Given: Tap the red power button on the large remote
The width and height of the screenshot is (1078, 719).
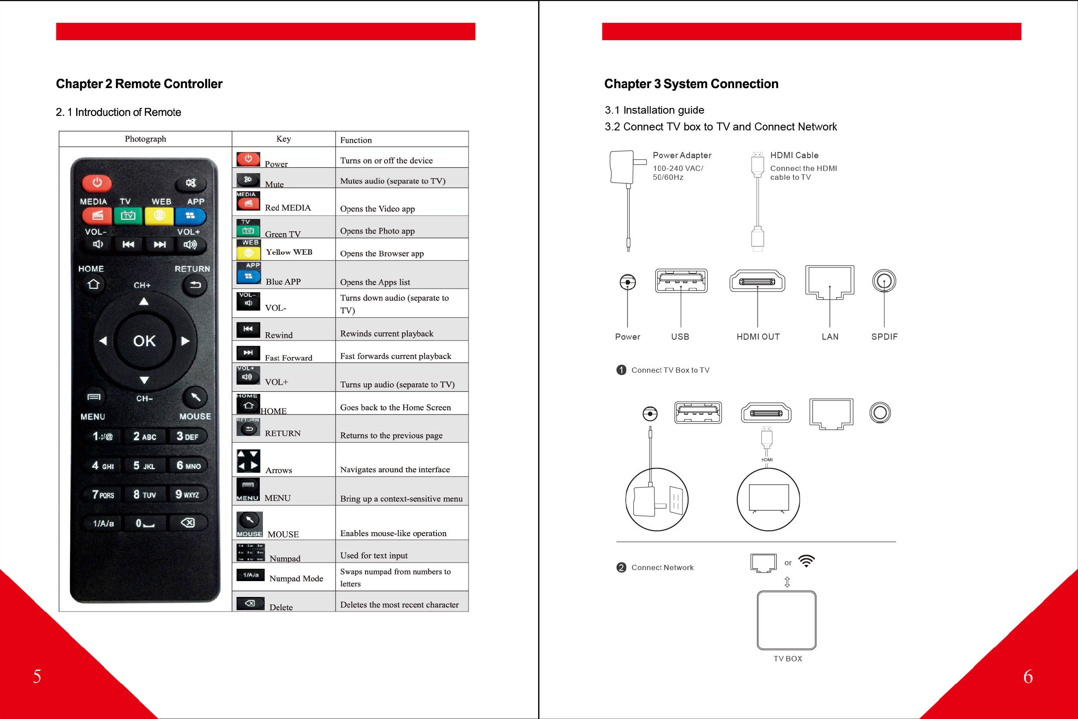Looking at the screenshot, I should point(97,183).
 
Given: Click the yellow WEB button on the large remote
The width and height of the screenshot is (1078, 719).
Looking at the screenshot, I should point(159,215).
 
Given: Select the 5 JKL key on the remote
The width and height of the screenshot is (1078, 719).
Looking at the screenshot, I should point(144,465).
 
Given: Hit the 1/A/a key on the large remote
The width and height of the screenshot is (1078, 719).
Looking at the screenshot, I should point(103,523).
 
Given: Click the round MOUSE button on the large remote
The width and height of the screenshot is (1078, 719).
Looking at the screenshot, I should point(195,397).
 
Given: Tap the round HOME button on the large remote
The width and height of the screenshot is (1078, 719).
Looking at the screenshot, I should point(93,284).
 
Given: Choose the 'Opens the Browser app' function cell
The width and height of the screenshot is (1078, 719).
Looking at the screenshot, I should point(382,253).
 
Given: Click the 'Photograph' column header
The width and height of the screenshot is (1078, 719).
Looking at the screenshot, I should point(145,139).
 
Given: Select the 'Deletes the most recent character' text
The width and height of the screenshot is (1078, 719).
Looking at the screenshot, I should point(399,604).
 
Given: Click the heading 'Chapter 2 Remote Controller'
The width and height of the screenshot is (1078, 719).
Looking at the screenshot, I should point(139,84).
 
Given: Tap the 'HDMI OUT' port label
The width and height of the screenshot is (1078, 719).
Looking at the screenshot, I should point(757,337).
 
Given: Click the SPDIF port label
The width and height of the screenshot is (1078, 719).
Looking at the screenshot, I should point(884,337).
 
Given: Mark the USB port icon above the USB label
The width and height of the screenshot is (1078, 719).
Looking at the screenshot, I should point(681,281).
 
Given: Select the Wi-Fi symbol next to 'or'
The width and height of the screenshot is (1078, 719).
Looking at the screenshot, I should point(806,561).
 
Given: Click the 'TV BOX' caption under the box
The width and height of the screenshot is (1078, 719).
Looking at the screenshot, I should point(787,659).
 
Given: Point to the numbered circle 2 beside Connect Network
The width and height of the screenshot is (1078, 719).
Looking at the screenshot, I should point(621,568).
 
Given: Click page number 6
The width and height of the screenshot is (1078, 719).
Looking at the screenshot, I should point(1028,676).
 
